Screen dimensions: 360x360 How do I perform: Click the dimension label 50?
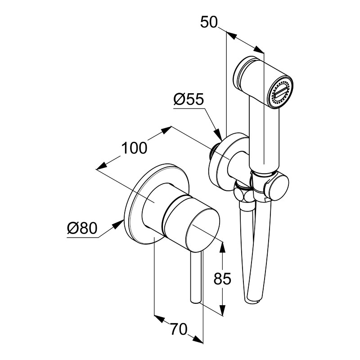pos(209,22)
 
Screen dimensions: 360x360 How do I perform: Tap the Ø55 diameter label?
pos(189,99)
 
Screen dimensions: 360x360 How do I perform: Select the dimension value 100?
pos(134,148)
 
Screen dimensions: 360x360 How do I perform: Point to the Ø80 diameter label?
pos(82,228)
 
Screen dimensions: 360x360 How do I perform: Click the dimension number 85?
pos(222,279)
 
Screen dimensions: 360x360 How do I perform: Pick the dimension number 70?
pos(179,329)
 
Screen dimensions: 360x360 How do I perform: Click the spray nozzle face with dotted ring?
pos(281,93)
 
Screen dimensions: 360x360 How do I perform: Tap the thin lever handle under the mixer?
pos(196,278)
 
